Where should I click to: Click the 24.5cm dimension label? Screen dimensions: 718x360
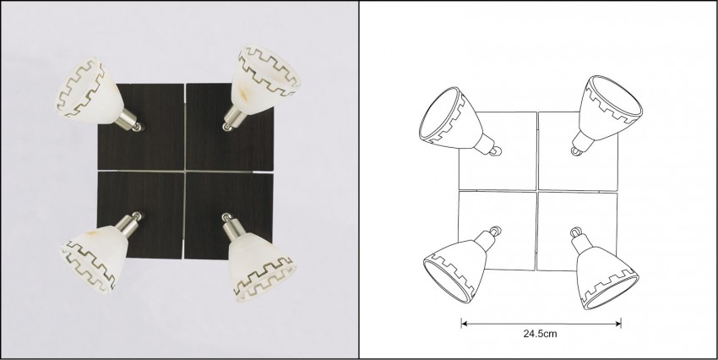click(x=540, y=334)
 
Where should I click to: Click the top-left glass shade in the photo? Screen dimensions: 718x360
click(x=89, y=89)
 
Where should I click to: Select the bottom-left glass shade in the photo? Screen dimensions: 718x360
click(x=94, y=257)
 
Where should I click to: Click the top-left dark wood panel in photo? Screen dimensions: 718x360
click(x=141, y=127)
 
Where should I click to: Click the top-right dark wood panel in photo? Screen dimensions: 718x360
click(x=230, y=127)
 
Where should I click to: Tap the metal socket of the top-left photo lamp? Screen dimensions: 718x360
click(x=130, y=121)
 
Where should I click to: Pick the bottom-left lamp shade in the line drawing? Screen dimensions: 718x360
click(x=455, y=270)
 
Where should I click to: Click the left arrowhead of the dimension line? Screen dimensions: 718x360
click(x=464, y=324)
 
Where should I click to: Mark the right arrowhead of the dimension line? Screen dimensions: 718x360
click(x=618, y=324)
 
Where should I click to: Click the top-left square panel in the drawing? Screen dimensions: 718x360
click(x=498, y=150)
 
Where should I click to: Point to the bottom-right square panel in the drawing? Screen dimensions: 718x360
click(x=578, y=231)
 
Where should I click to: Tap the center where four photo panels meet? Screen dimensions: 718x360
click(x=185, y=172)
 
